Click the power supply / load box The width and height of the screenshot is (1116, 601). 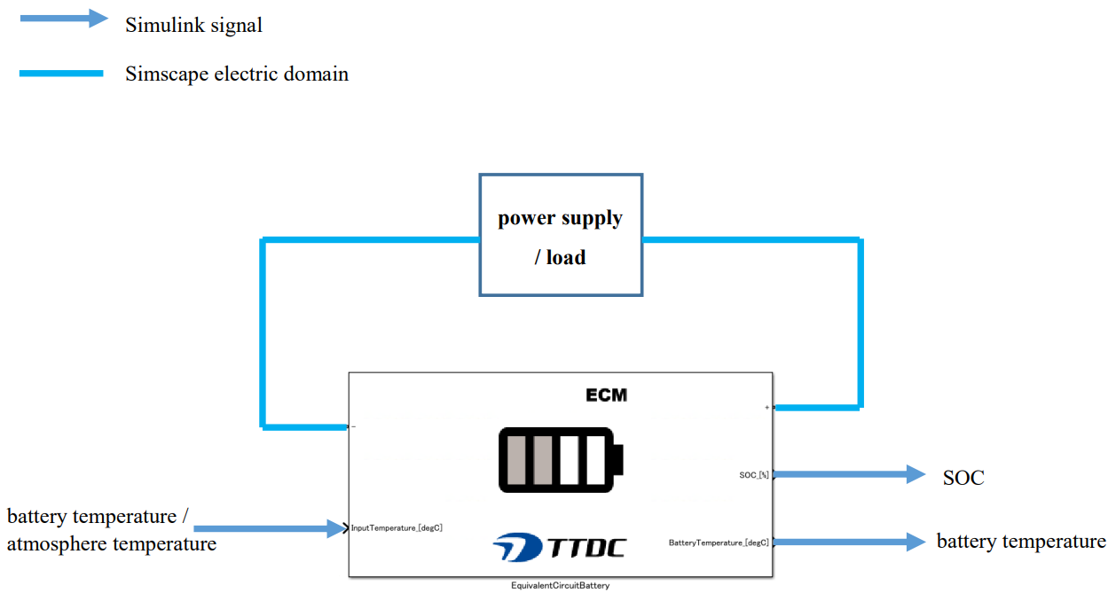point(561,235)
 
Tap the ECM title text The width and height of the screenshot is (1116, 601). point(607,395)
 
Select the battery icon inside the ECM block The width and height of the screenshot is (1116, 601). point(559,459)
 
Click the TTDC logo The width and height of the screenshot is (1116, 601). point(559,546)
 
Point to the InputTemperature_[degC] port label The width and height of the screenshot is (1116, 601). point(397,528)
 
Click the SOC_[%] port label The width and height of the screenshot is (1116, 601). point(753,475)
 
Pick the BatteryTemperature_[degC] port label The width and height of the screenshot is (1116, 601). point(719,542)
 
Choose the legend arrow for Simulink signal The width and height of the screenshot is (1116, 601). point(64,19)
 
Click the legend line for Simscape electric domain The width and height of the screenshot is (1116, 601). point(61,74)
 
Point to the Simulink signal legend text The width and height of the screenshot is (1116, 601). point(193,25)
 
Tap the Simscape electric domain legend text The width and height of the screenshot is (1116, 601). point(237,74)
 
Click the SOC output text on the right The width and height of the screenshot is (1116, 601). point(963,478)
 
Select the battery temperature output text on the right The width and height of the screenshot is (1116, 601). point(1021,542)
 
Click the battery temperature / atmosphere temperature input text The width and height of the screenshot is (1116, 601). point(111,530)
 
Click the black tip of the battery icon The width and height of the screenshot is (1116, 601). point(618,460)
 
